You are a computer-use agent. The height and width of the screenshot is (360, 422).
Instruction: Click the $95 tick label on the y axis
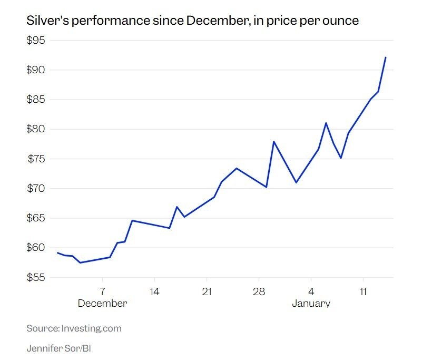[x=36, y=41]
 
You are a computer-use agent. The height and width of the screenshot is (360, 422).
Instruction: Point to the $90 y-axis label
[x=36, y=70]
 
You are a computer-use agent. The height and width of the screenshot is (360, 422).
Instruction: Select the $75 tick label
[x=36, y=159]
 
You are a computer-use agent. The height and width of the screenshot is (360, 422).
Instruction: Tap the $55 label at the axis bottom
[x=36, y=277]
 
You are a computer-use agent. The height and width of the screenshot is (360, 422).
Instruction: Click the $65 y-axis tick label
[x=36, y=218]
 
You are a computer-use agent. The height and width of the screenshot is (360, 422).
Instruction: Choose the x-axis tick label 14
[x=154, y=291]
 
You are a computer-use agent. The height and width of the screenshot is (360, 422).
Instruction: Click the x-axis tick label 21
[x=207, y=291]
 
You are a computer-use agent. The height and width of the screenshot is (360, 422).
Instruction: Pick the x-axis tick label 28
[x=259, y=291]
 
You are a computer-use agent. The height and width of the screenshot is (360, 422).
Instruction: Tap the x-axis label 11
[x=363, y=291]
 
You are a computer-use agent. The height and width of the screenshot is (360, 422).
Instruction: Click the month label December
[x=102, y=304]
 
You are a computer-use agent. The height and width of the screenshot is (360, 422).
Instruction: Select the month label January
[x=311, y=304]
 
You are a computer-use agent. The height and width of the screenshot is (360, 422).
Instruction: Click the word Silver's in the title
[x=47, y=21]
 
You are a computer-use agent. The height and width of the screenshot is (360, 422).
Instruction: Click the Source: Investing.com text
[x=74, y=328]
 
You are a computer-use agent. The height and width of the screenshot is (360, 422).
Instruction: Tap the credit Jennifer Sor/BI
[x=58, y=348]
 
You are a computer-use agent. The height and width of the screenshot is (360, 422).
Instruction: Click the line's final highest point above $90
[x=386, y=57]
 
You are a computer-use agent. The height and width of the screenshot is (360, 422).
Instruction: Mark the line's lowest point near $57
[x=80, y=262]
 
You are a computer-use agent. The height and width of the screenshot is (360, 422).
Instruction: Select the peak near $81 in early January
[x=326, y=123]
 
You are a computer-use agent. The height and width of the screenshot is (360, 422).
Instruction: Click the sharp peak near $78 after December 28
[x=274, y=141]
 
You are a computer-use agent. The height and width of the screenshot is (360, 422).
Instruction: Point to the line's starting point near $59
[x=57, y=253]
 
